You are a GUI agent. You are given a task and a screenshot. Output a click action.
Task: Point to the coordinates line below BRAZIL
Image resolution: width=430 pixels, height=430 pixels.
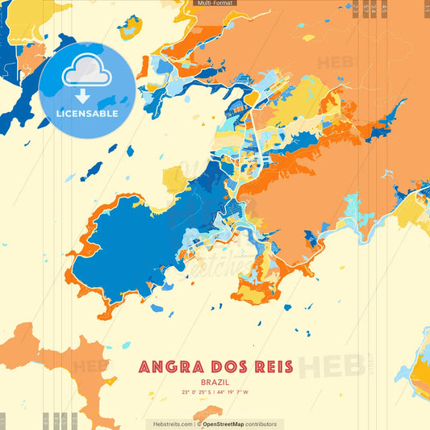pos(215,393)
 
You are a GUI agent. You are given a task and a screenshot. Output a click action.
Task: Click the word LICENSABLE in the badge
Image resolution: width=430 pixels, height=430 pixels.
pos(87,114)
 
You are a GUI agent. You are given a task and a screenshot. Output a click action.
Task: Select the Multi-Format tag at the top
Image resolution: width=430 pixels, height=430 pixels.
pos(215,3)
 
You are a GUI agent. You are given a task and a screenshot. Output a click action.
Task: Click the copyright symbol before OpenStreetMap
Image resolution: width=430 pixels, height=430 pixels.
pos(198,424)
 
